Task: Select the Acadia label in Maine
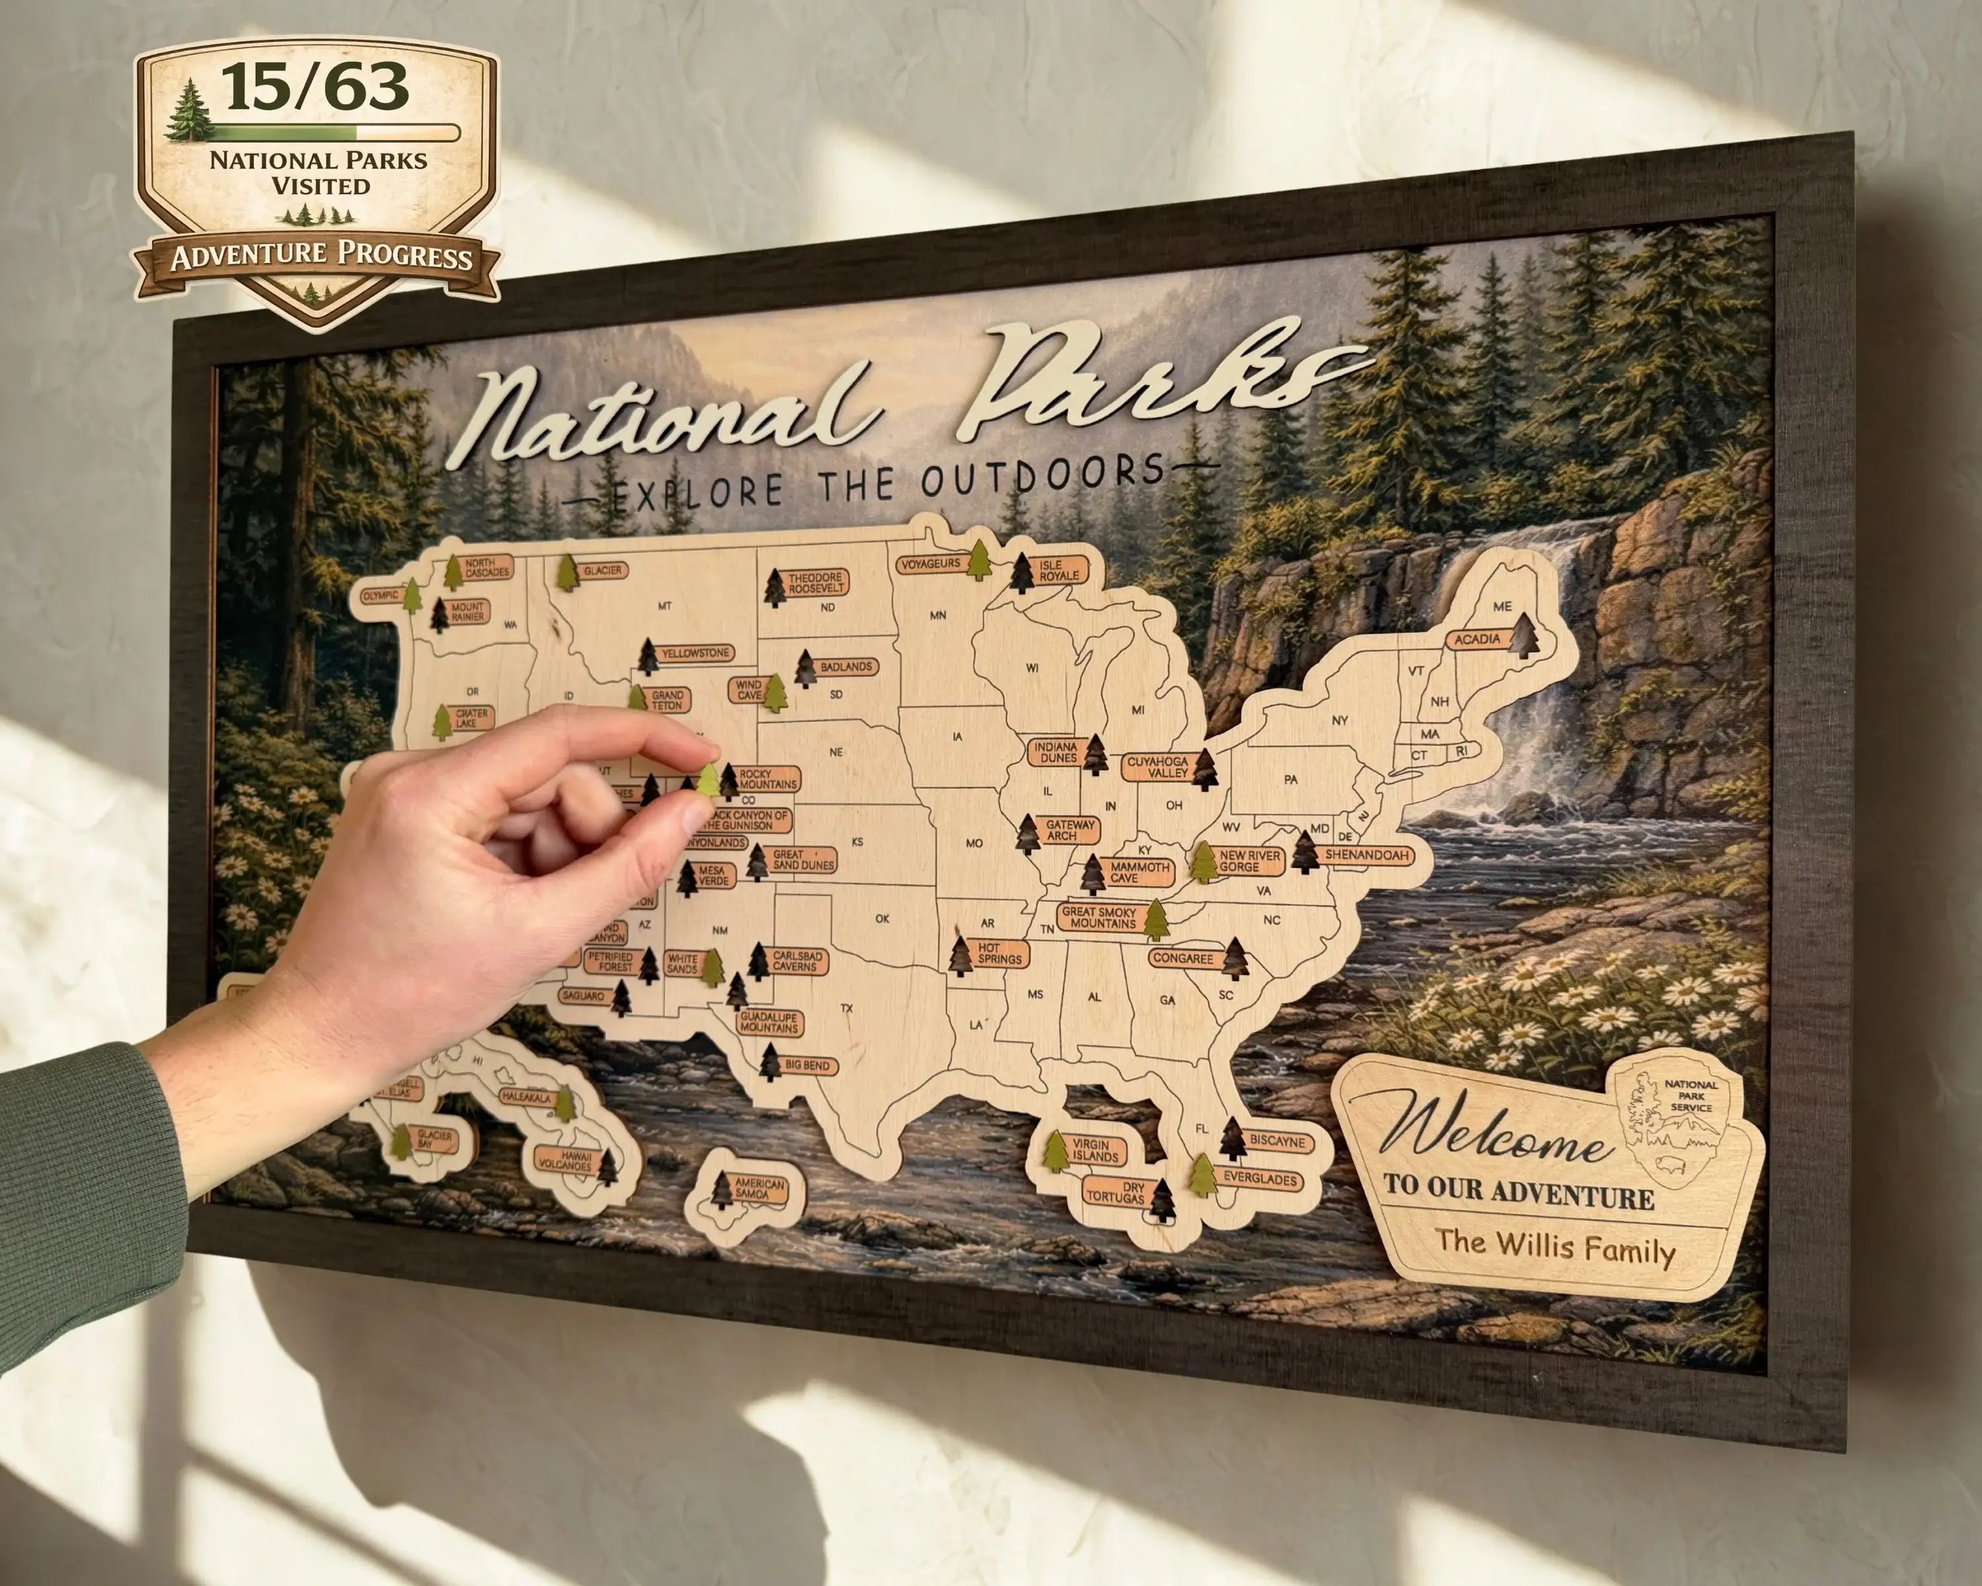point(1477,639)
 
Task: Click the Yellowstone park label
point(696,654)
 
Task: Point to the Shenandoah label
point(1366,855)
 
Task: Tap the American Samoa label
point(759,1188)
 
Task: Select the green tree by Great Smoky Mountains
point(1156,921)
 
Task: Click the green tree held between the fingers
point(709,782)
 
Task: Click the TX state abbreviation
point(847,1008)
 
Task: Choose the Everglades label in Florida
point(1259,1180)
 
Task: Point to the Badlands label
point(846,667)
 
